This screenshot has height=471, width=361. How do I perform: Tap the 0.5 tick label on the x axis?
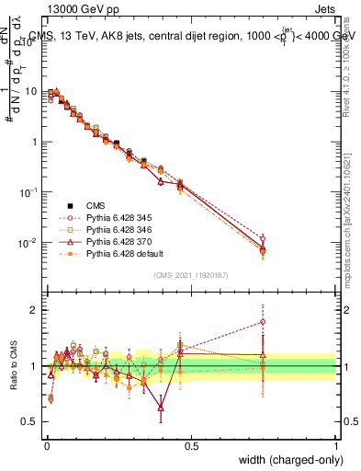pos(190,445)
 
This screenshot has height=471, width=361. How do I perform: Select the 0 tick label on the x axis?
pos(45,445)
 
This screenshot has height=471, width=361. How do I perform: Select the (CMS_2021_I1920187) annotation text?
pos(191,276)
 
